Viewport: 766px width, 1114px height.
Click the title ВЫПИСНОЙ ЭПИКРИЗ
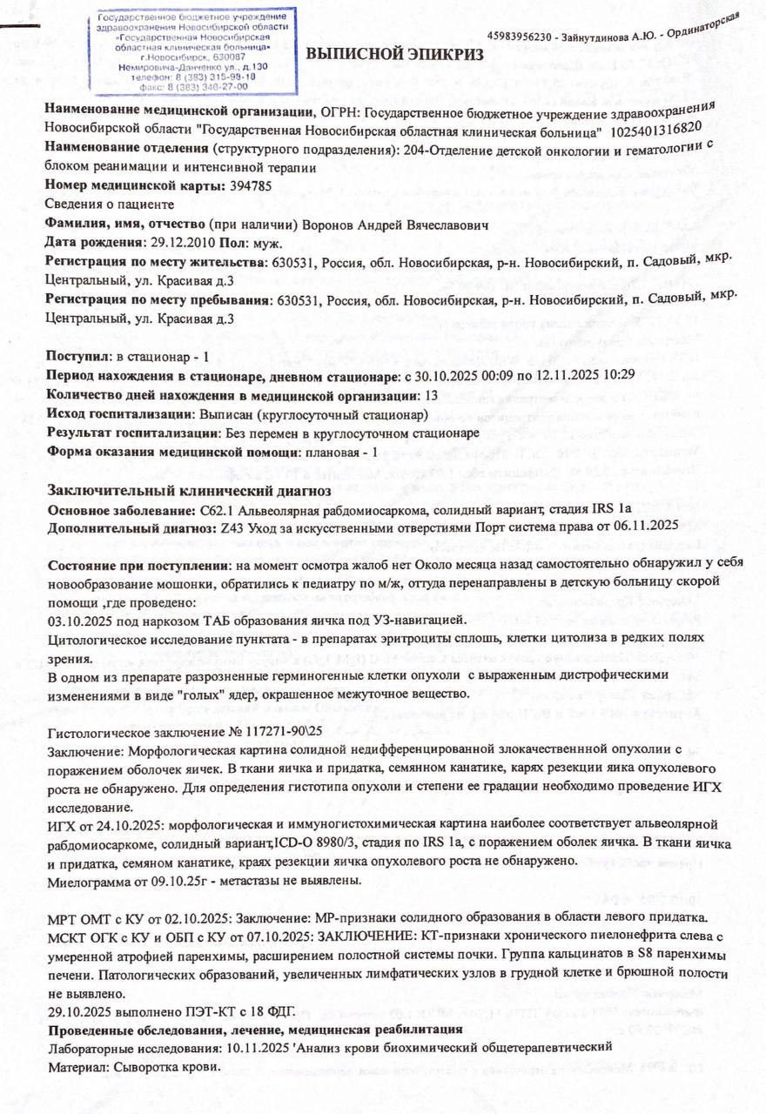[x=393, y=54]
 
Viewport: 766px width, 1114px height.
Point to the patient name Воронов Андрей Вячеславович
[x=397, y=225]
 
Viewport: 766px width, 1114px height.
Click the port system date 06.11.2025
[x=644, y=526]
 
